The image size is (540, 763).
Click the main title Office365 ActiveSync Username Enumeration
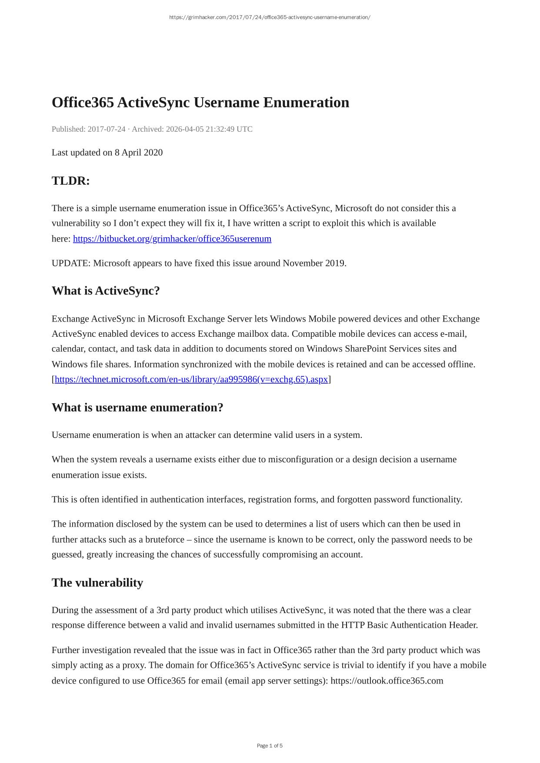tap(200, 103)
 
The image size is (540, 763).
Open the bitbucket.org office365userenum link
tap(172, 239)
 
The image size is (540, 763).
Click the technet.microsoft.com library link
tap(191, 379)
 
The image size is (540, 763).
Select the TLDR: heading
tap(71, 181)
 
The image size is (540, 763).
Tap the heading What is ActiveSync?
tap(106, 291)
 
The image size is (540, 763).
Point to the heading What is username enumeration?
tap(137, 408)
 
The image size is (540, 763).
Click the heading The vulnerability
tap(97, 583)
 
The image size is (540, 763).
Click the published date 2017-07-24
tap(107, 129)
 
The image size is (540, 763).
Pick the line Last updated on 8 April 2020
tap(107, 153)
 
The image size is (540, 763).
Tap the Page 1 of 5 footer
tap(270, 746)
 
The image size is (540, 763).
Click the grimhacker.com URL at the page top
tap(270, 17)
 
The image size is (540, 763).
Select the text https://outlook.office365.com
tap(387, 680)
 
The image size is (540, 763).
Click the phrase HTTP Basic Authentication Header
tap(409, 625)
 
